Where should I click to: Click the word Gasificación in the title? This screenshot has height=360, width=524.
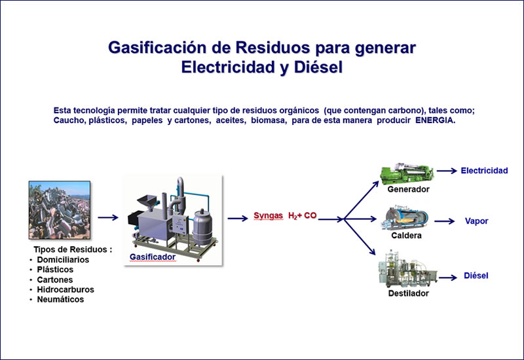pos(157,48)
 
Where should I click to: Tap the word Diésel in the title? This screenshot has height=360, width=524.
pos(318,67)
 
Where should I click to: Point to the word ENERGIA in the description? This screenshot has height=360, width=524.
pos(435,120)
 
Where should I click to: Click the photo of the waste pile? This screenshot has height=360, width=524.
pos(60,210)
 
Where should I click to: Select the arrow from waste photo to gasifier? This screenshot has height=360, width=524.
pos(108,217)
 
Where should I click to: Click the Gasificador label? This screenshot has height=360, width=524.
pos(153,257)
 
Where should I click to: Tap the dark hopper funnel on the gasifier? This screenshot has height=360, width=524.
pos(147,201)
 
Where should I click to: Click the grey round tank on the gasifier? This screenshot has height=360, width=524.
pos(202,227)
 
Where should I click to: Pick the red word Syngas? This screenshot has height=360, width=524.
pos(268,215)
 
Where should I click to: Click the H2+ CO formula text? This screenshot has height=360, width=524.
pos(302,216)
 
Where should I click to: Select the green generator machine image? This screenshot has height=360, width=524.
pos(407,173)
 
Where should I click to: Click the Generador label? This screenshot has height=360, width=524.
pos(408,189)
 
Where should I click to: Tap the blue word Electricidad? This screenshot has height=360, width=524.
pos(484,171)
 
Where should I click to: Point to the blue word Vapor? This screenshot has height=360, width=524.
pos(477,221)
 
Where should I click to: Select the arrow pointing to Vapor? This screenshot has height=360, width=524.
pos(445,221)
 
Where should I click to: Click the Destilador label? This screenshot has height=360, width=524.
pos(408,293)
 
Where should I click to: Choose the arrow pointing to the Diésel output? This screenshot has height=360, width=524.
pos(448,278)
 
